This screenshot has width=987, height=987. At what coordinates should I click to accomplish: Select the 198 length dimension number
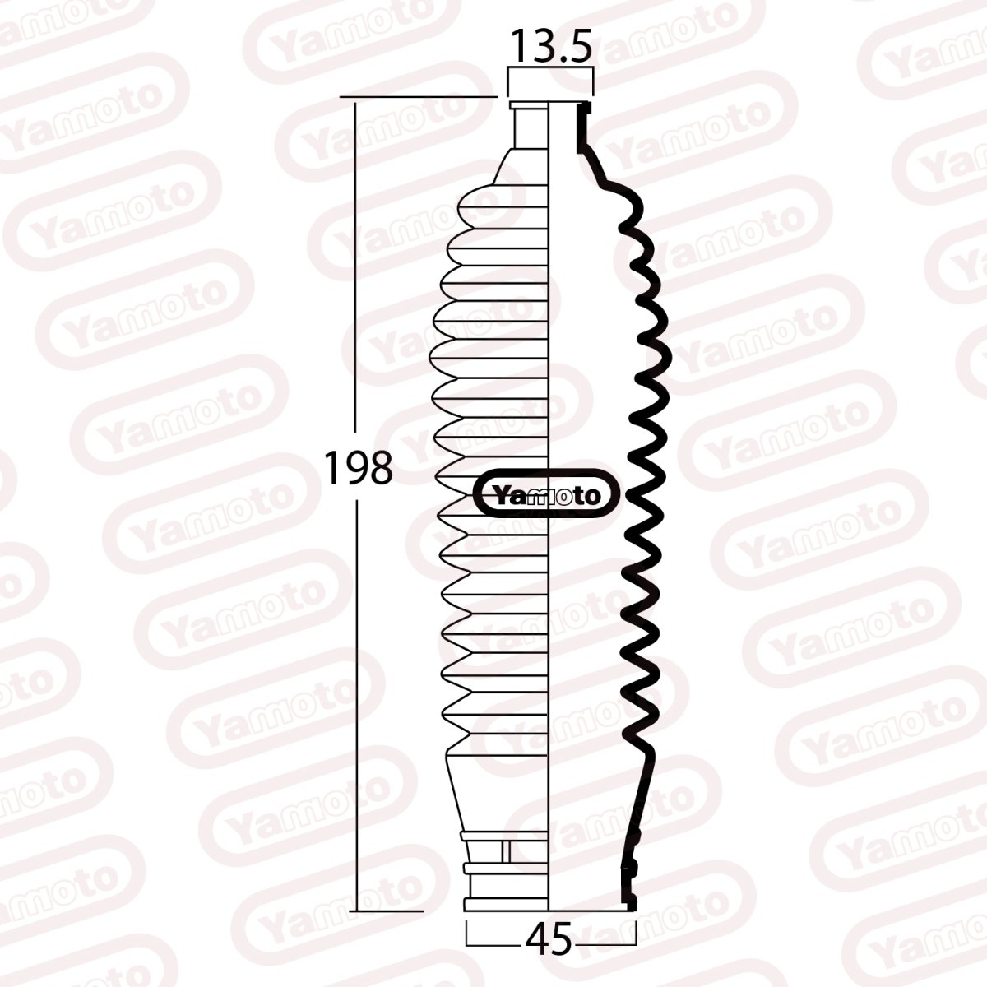[357, 469]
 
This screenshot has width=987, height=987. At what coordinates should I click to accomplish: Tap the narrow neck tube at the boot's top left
[531, 127]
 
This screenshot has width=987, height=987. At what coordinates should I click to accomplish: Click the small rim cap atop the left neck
[529, 104]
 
